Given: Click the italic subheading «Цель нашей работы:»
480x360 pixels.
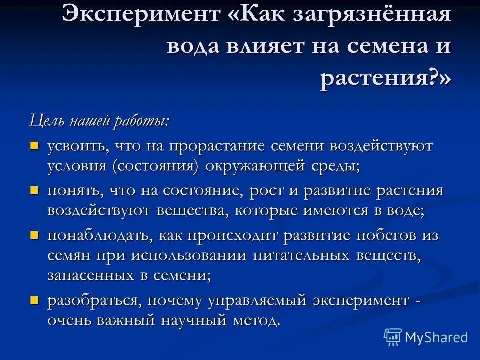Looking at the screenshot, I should [99, 121].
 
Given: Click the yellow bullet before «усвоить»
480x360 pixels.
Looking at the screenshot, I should [34, 146].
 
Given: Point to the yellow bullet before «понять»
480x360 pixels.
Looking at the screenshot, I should [34, 190].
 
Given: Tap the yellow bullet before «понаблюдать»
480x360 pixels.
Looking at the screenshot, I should [34, 235].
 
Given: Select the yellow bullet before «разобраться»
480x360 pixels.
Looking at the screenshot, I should [34, 300].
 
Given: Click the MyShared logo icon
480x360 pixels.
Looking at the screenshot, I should [392, 337].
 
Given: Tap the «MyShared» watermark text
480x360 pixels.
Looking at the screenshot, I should [436, 337].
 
